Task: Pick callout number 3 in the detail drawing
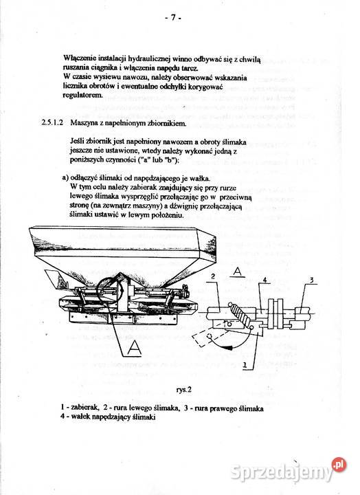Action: pos(311,280)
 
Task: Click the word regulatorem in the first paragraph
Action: pos(82,96)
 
